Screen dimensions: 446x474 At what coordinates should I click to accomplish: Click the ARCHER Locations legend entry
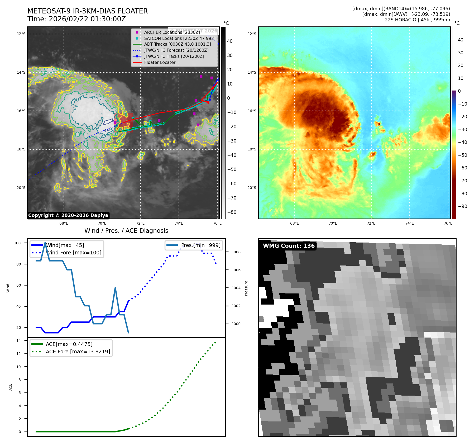172,32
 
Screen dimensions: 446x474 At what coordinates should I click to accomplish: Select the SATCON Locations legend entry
179,38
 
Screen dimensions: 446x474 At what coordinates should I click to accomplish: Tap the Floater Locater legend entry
160,62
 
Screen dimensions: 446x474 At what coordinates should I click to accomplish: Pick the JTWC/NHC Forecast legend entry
176,50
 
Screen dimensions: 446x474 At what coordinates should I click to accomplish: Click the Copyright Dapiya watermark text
68,215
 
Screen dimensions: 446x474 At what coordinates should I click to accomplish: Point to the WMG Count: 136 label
289,246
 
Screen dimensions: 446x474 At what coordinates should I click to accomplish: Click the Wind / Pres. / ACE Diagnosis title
126,231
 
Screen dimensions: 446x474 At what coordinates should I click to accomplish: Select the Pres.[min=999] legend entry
200,245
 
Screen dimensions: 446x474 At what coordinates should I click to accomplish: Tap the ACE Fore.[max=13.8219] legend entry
78,352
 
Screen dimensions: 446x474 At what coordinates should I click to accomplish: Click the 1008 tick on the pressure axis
236,252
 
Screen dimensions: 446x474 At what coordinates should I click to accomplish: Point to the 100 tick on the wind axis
17,243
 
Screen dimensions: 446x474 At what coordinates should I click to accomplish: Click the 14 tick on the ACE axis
18,341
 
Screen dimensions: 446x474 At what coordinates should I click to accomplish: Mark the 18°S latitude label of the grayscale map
21,149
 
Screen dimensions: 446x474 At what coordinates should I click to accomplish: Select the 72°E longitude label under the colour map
371,223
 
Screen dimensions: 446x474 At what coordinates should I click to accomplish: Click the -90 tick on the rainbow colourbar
462,206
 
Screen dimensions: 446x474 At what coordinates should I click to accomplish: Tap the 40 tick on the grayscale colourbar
230,41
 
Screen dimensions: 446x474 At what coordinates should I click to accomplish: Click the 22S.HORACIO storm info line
417,20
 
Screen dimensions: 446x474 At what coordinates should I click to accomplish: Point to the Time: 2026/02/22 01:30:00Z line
76,19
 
